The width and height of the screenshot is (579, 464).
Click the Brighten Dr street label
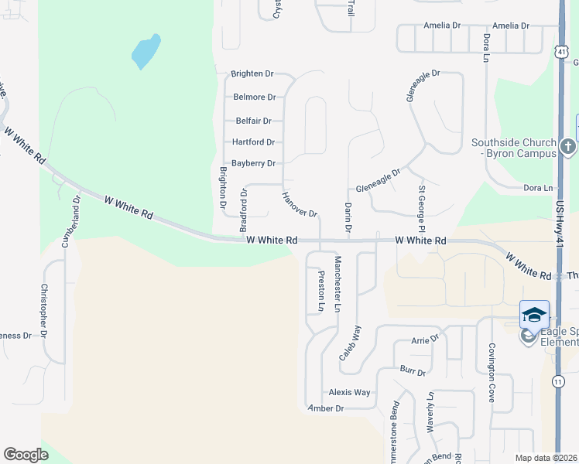coord(252,74)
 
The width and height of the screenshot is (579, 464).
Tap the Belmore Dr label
coord(255,97)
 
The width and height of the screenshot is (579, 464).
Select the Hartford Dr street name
coord(254,142)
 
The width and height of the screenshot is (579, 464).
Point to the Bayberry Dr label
coord(254,164)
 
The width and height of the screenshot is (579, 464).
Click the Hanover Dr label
coord(300,203)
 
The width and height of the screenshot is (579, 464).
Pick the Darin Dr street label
coord(348,217)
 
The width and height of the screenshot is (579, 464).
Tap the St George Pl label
coord(422,208)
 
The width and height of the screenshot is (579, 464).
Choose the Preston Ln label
coord(320,292)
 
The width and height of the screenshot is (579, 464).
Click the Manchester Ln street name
coord(337,284)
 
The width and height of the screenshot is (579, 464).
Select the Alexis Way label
coord(350,392)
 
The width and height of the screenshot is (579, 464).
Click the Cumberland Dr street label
coord(70,221)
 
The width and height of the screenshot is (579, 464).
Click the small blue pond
coord(146,51)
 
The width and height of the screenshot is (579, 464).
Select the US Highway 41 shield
coord(560,50)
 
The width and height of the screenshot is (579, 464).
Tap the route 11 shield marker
coord(559,381)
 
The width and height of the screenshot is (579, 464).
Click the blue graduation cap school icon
coord(534,315)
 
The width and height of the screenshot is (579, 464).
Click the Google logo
coord(26,455)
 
